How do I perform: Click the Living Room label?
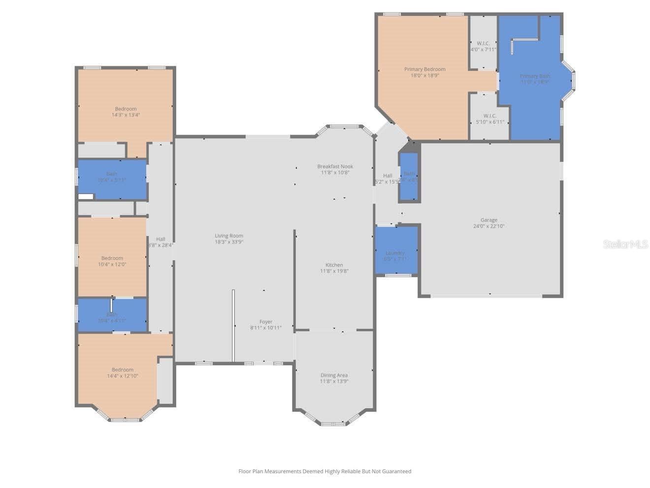click(x=229, y=236)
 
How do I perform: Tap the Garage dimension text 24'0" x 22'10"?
click(x=488, y=226)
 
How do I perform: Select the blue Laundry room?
click(x=396, y=250)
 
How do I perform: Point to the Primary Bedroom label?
click(x=424, y=69)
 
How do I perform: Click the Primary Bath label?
click(x=535, y=76)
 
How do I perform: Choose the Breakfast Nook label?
click(x=335, y=167)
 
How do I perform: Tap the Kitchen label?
click(x=334, y=265)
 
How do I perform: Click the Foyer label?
click(x=266, y=322)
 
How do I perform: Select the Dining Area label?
click(x=334, y=375)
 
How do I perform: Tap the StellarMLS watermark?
click(x=625, y=244)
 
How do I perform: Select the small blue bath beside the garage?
click(x=409, y=176)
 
